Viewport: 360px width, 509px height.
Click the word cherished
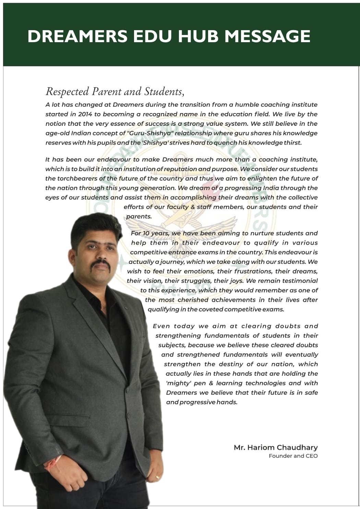[191, 300]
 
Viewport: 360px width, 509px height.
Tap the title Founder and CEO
[293, 456]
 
